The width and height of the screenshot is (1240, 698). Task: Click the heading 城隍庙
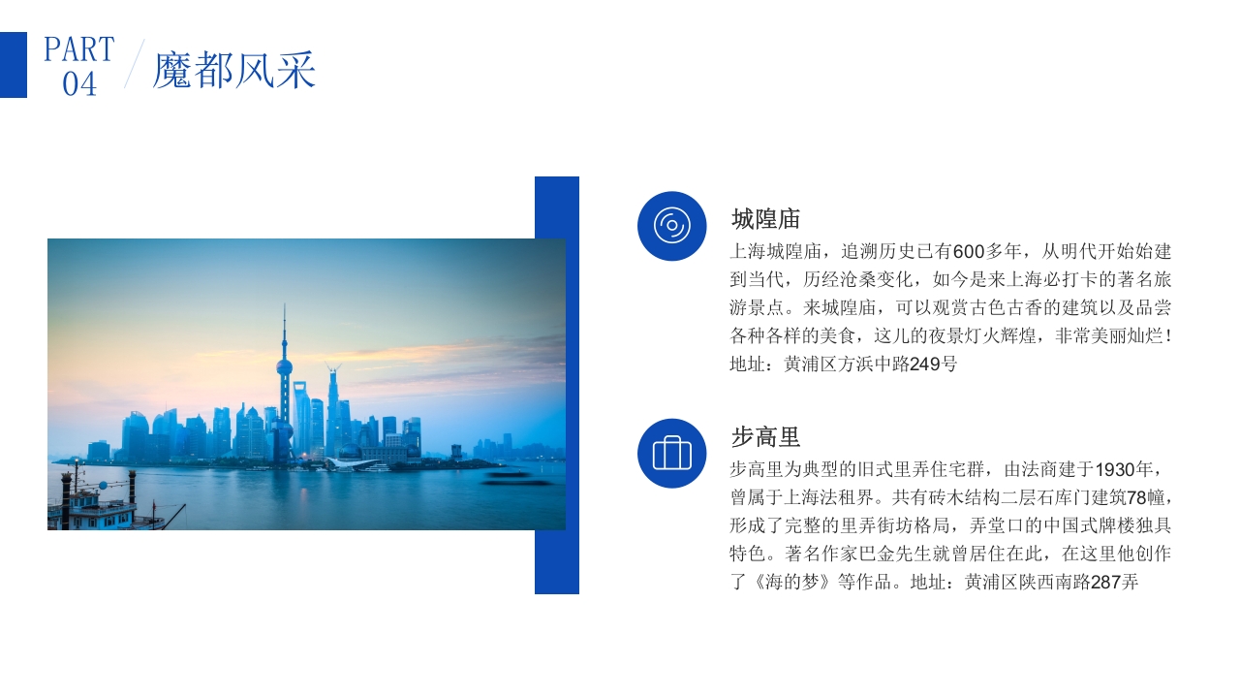[x=765, y=219]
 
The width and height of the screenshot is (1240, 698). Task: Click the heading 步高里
[x=765, y=436]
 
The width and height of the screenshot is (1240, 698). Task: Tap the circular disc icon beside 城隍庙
[x=671, y=226]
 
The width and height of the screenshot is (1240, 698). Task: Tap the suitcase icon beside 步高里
[x=671, y=453]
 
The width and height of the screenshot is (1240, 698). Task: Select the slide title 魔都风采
[x=234, y=71]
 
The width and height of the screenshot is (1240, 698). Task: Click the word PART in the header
[x=79, y=49]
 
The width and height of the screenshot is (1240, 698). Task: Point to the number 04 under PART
[x=79, y=84]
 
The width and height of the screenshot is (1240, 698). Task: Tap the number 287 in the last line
[x=1105, y=584]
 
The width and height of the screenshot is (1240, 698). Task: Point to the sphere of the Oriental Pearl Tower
[x=284, y=367]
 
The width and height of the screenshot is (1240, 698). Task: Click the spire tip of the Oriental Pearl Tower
[x=285, y=308]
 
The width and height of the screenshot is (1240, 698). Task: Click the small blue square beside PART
[x=14, y=65]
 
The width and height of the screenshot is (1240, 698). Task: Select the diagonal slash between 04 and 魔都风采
[x=134, y=64]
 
